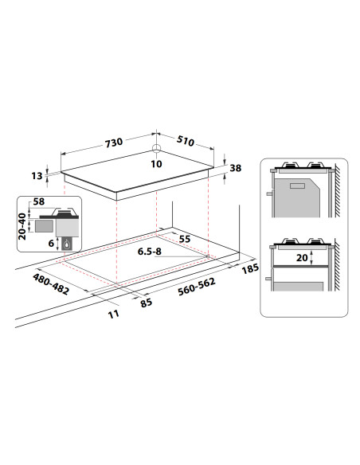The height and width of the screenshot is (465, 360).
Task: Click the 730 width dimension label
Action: point(114,142)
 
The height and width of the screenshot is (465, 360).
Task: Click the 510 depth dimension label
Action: point(186,141)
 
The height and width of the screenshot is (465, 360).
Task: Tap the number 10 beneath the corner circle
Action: point(156,164)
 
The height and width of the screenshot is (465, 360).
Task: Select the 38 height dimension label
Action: point(236,168)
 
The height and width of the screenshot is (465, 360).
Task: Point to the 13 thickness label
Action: point(37,176)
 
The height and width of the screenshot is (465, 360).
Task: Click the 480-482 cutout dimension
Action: point(51,284)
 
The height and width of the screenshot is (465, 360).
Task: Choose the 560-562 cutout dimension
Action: point(197,287)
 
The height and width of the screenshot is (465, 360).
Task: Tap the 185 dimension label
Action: point(250,268)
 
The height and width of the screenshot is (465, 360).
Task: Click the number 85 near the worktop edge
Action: point(147,303)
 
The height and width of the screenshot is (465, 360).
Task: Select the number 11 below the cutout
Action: point(114,314)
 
